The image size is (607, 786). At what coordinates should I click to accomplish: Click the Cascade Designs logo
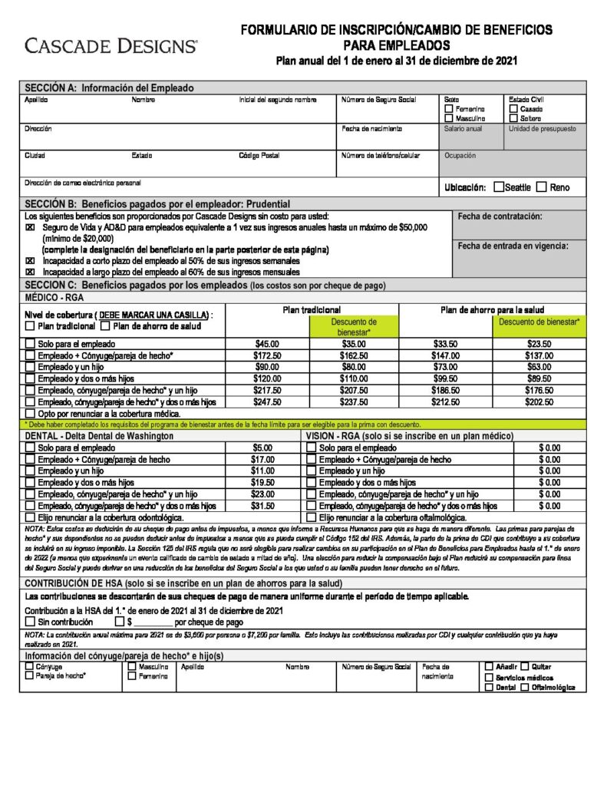(x=111, y=45)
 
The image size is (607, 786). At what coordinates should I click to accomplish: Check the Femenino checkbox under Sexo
(x=449, y=109)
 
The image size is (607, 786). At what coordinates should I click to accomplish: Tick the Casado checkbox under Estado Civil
(x=513, y=109)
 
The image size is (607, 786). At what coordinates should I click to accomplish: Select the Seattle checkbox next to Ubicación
(x=500, y=187)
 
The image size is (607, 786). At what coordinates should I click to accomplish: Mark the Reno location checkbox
(x=542, y=187)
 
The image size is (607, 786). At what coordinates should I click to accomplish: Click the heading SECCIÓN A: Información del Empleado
(x=110, y=88)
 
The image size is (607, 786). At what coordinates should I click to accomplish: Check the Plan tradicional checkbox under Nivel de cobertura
(x=30, y=326)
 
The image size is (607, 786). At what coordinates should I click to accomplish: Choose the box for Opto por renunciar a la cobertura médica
(x=30, y=414)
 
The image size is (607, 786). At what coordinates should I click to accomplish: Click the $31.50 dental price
(x=263, y=507)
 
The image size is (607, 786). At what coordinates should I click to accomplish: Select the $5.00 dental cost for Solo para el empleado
(x=263, y=447)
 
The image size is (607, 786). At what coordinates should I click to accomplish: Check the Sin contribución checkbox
(x=30, y=623)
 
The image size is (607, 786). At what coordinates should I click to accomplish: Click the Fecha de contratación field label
(x=499, y=216)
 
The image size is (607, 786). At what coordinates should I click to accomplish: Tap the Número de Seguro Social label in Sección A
(x=378, y=100)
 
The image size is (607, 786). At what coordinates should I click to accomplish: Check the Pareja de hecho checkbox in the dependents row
(x=30, y=676)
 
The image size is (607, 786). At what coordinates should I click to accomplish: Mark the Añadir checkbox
(x=489, y=666)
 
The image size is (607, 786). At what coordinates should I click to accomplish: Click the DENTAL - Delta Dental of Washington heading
(x=100, y=436)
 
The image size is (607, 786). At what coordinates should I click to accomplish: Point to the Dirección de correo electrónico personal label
(x=83, y=183)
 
